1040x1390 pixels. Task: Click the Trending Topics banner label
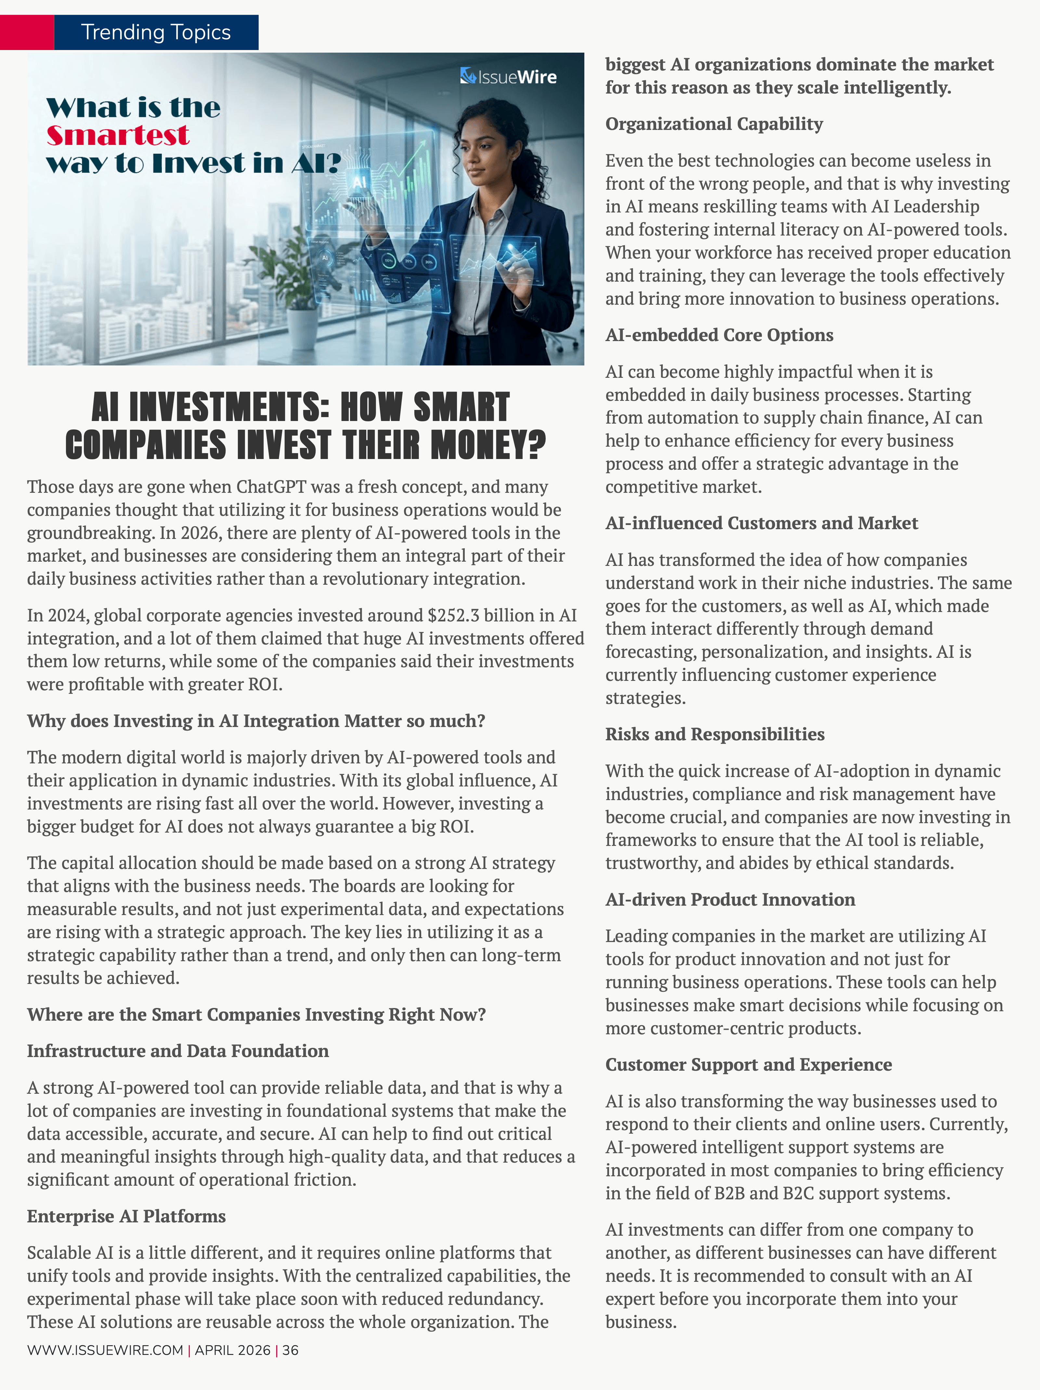click(x=156, y=32)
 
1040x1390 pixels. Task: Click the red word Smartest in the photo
click(x=118, y=135)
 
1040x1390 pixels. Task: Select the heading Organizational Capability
click(x=714, y=124)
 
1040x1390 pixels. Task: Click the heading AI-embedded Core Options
click(x=719, y=335)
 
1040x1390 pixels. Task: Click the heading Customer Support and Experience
click(x=748, y=1065)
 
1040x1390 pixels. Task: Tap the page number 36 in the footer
click(x=291, y=1350)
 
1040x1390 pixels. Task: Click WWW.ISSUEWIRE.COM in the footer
click(x=105, y=1350)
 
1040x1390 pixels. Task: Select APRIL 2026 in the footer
click(x=233, y=1350)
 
